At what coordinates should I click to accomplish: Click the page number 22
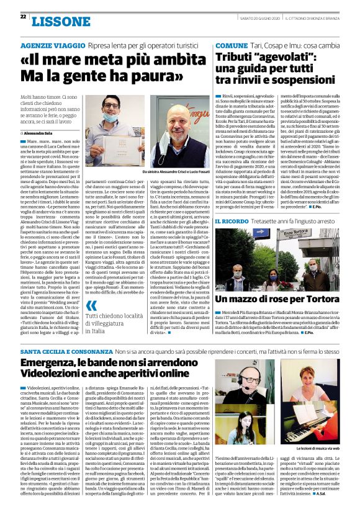pyautogui.click(x=23, y=17)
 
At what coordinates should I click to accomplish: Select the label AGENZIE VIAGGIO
pyautogui.click(x=48, y=46)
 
